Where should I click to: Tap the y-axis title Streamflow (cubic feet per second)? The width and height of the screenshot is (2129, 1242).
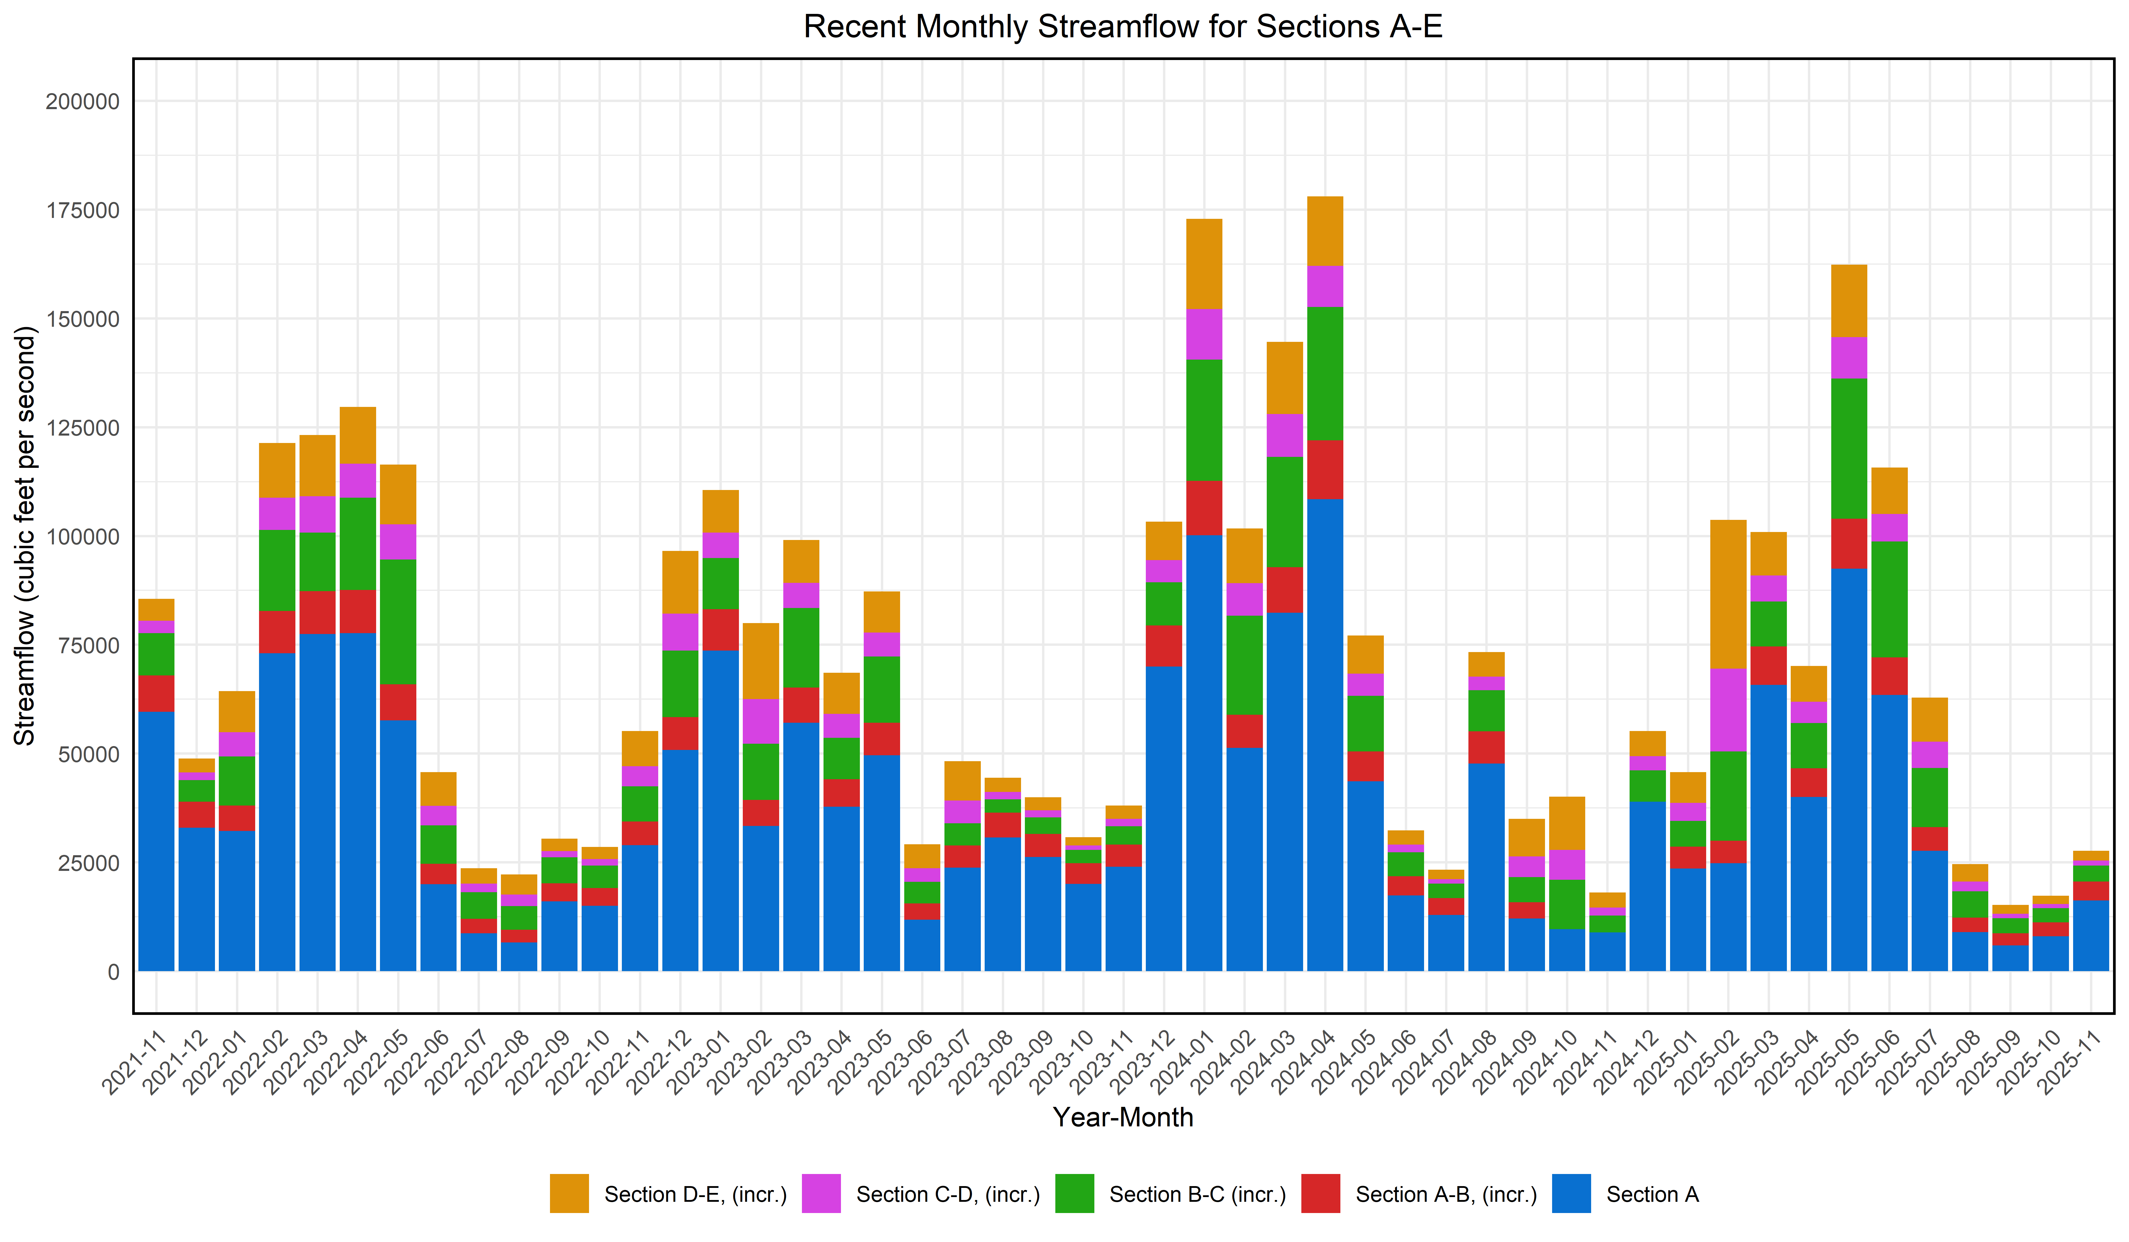coord(25,536)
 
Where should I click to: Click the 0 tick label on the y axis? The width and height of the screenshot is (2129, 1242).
coord(112,973)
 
